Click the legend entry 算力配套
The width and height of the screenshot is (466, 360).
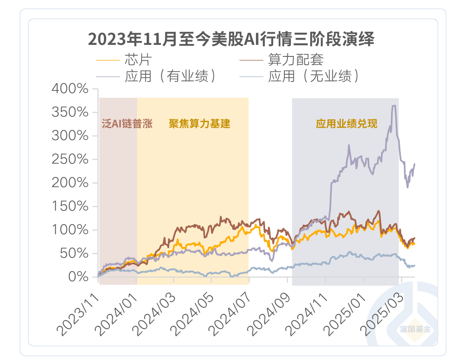pos(296,59)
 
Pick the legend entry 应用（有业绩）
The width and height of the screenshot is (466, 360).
pos(170,76)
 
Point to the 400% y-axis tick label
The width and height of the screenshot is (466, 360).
pos(70,89)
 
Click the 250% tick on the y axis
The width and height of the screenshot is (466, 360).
pos(70,160)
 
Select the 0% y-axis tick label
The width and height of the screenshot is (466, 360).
pos(78,276)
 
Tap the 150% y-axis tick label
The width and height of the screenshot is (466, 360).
pos(70,207)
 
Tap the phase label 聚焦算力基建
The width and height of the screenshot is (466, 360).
pos(199,124)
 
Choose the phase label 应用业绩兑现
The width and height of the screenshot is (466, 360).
pos(346,124)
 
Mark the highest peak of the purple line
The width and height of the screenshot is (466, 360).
pos(394,106)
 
